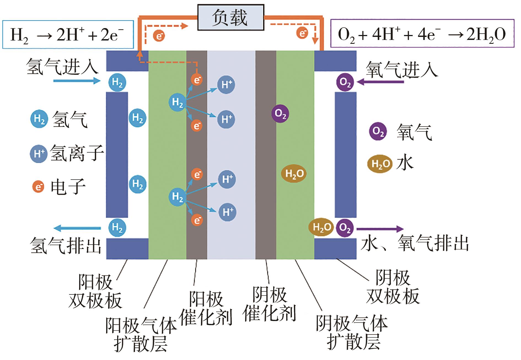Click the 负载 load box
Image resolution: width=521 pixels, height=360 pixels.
pos(230,17)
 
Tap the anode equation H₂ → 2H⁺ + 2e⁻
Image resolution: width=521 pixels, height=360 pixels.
pos(68,35)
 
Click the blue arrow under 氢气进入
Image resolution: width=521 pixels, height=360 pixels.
pos(76,81)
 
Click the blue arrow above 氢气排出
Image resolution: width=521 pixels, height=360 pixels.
pos(77,228)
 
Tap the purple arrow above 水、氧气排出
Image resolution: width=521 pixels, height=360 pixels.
pos(380,229)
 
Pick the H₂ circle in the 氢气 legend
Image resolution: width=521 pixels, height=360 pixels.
pos(39,119)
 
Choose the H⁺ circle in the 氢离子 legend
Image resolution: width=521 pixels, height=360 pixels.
pos(39,153)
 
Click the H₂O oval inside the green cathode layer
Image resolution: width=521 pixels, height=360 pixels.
pos(294,174)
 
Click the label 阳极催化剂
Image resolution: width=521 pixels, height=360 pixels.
pos(206,308)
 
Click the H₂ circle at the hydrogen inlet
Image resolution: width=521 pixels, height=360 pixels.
pos(117,82)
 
